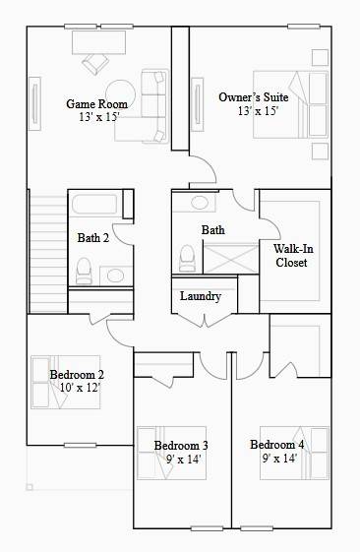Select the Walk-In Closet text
291,255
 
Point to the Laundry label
201,296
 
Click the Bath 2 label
93,237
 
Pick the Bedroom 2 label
77,374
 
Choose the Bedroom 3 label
181,446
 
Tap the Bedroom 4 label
276,444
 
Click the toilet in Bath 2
83,269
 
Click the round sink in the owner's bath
200,204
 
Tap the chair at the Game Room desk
96,63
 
